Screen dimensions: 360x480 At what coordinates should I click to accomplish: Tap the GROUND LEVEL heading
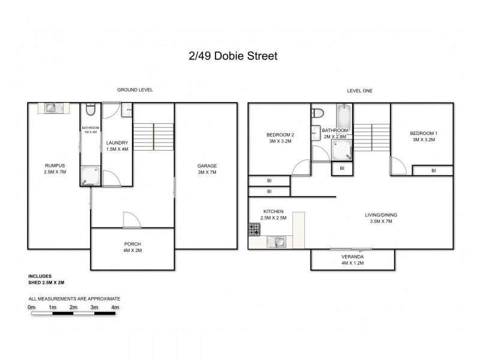tap(135, 90)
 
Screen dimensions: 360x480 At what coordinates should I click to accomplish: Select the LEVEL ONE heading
tap(359, 90)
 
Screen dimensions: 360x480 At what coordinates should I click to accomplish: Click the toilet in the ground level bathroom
tap(89, 110)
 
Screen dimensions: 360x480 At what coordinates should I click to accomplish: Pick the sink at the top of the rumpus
tap(51, 107)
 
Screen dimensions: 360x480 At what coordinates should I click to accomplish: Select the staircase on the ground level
tap(152, 137)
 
